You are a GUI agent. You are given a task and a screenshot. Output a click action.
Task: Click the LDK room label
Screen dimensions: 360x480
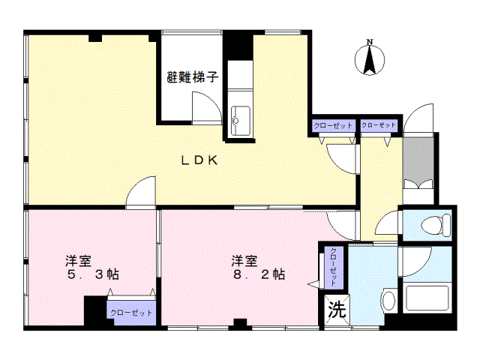click(x=199, y=160)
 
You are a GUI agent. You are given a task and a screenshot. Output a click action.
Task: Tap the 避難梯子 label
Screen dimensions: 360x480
click(x=193, y=76)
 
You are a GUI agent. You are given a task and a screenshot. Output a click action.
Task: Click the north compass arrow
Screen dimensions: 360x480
click(x=369, y=60)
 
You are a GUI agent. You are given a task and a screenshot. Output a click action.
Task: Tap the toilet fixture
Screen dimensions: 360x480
click(x=434, y=223)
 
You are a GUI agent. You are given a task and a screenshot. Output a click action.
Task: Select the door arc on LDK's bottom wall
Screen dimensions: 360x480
click(x=141, y=193)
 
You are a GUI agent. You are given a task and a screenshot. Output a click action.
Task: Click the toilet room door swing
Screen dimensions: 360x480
click(x=388, y=224)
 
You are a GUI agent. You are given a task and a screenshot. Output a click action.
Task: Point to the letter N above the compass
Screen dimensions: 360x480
click(x=369, y=42)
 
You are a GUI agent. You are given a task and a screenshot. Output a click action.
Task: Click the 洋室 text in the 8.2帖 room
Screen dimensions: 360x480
click(x=245, y=259)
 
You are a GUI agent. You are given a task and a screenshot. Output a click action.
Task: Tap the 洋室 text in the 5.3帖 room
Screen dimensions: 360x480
click(x=78, y=259)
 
